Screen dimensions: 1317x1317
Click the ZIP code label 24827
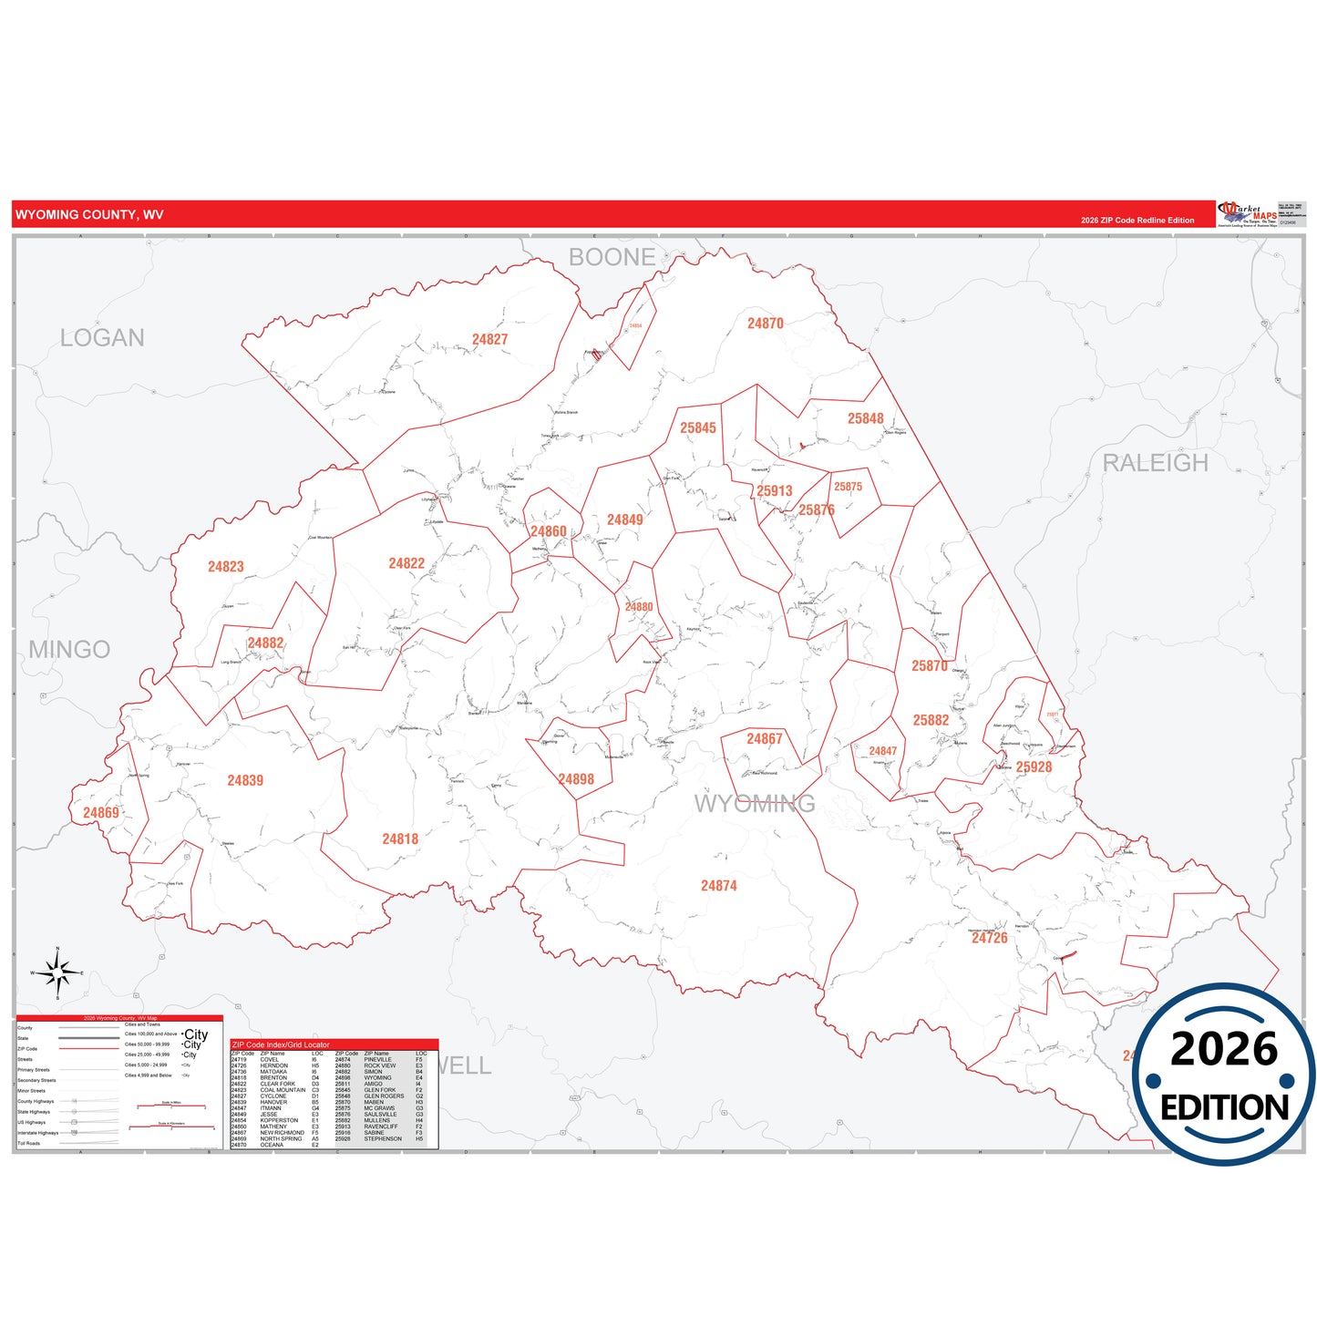point(489,340)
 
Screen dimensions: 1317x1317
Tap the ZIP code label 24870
point(765,324)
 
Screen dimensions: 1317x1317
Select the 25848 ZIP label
point(865,419)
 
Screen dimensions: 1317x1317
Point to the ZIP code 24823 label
point(225,567)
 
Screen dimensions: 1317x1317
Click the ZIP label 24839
point(245,781)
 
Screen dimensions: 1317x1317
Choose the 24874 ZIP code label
point(718,886)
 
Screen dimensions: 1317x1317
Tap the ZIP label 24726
point(989,938)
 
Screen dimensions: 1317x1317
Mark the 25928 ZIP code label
point(1034,767)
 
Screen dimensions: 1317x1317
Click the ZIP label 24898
point(575,780)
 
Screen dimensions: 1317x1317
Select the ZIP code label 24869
point(100,813)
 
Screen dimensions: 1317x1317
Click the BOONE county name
point(612,258)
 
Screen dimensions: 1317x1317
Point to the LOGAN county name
point(102,338)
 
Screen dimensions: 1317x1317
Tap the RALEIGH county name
point(1155,463)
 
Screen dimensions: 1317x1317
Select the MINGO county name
point(69,650)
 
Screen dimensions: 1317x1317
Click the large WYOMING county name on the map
point(755,804)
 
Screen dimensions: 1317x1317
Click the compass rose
point(57,974)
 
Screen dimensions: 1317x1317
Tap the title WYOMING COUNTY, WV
point(89,215)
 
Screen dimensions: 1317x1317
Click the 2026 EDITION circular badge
point(1224,1075)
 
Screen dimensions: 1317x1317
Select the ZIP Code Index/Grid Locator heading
point(281,1044)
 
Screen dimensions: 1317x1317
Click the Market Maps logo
point(1248,215)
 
